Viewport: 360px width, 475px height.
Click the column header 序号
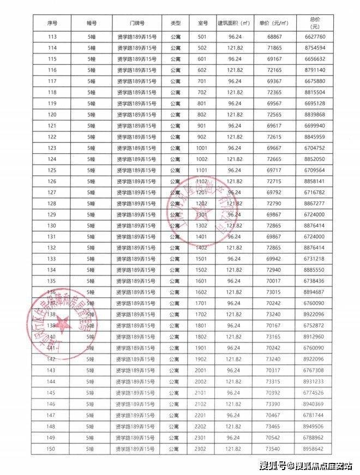(x=53, y=23)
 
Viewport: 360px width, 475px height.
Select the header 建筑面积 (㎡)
(x=234, y=23)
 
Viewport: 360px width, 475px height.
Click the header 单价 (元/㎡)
(x=274, y=23)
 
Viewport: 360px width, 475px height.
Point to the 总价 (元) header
(x=314, y=23)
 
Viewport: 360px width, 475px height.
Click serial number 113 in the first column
(x=52, y=37)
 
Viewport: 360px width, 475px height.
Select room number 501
(x=202, y=37)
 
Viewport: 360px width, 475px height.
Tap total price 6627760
(x=314, y=37)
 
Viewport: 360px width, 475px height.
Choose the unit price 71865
(x=274, y=48)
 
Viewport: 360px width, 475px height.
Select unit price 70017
(x=274, y=281)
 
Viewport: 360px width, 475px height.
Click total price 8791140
(x=314, y=70)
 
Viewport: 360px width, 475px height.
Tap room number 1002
(x=202, y=159)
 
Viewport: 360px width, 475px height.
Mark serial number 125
(x=52, y=170)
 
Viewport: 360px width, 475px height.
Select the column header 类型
(x=175, y=23)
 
